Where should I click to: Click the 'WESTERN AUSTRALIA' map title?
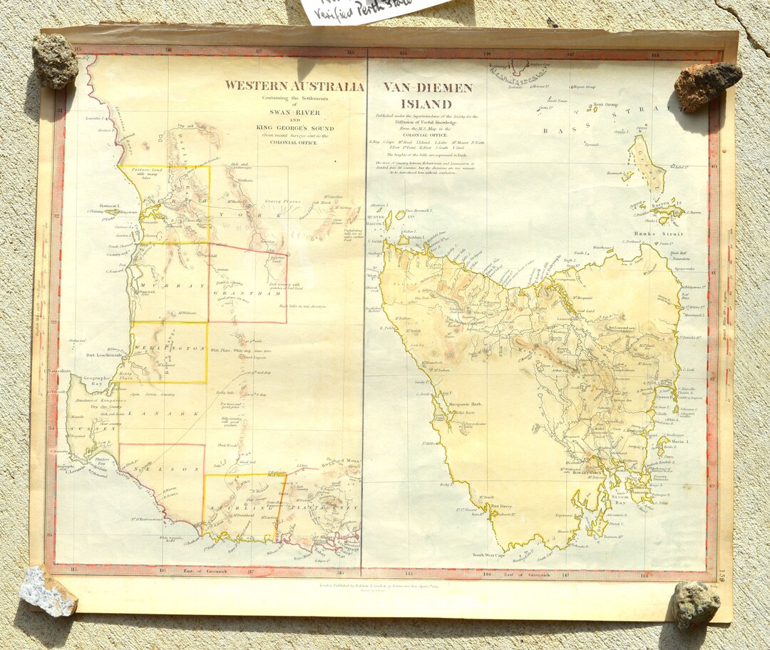point(294,86)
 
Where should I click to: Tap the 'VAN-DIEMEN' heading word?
point(427,88)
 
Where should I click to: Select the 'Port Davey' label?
point(503,507)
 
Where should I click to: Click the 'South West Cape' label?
point(490,554)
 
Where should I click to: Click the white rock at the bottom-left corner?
point(48,591)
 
